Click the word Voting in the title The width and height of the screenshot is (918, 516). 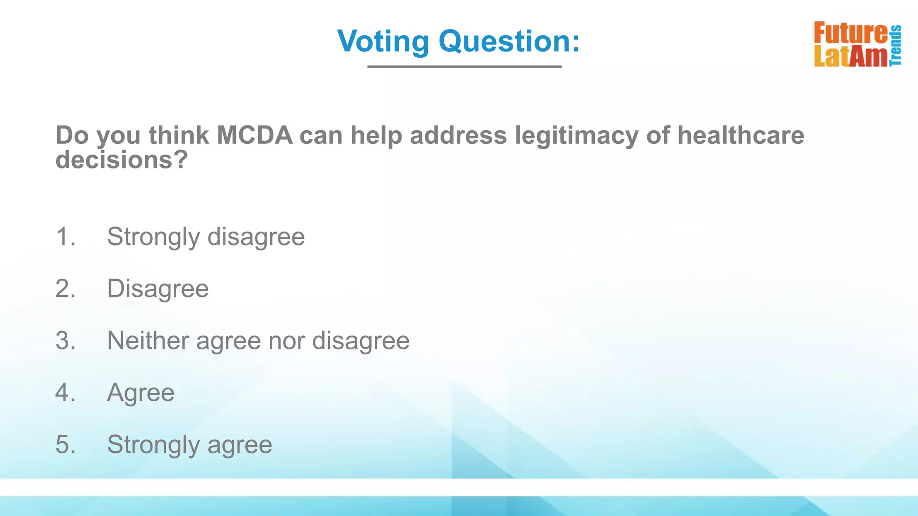tap(383, 41)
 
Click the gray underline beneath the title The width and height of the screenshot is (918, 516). tap(464, 67)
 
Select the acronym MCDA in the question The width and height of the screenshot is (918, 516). tap(255, 135)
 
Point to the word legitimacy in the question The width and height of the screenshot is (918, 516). tap(576, 135)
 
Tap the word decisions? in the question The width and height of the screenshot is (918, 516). tap(121, 159)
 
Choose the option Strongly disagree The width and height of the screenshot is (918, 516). tap(206, 236)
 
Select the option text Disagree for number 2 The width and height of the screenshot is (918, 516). tap(158, 288)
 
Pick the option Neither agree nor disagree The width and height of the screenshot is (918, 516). tap(258, 340)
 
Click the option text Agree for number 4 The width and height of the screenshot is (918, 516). tap(141, 393)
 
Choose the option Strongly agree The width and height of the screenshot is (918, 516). tap(190, 445)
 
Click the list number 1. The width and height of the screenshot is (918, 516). tap(65, 236)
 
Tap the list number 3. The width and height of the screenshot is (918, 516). tap(65, 340)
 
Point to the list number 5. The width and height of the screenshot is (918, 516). tap(65, 445)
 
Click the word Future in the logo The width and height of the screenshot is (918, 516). tap(850, 33)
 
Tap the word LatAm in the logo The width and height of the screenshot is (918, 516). tap(850, 56)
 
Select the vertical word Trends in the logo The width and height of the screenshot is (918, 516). tap(896, 45)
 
